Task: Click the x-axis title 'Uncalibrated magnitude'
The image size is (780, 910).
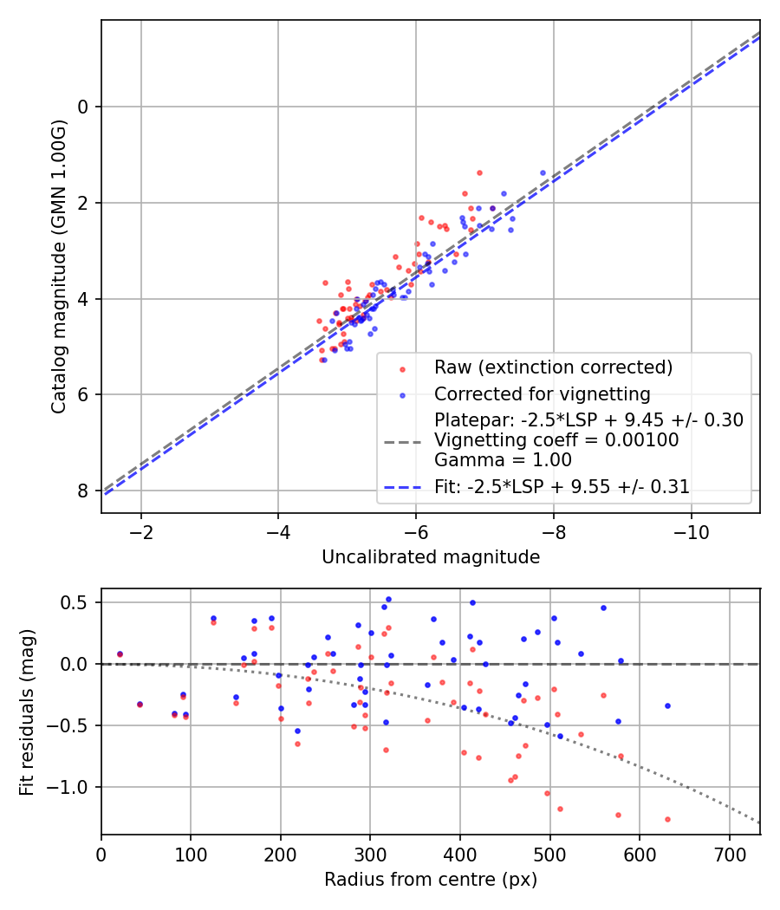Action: [x=431, y=557]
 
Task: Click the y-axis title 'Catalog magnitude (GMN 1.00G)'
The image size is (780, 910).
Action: [x=58, y=266]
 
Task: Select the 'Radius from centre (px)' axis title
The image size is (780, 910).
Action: [x=431, y=880]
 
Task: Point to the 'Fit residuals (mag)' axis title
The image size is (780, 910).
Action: [x=27, y=711]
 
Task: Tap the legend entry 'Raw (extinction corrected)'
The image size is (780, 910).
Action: [x=553, y=367]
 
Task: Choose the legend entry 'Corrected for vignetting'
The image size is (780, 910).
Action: [x=542, y=394]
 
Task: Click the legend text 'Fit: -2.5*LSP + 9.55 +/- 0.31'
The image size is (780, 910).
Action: [x=562, y=487]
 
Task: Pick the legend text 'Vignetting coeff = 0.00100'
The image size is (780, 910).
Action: [x=556, y=440]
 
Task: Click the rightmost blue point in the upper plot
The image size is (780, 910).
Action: [x=543, y=173]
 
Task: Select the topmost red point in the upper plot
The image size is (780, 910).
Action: [x=479, y=172]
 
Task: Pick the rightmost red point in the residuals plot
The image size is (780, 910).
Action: [x=667, y=819]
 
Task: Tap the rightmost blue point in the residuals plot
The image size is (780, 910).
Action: [x=667, y=705]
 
